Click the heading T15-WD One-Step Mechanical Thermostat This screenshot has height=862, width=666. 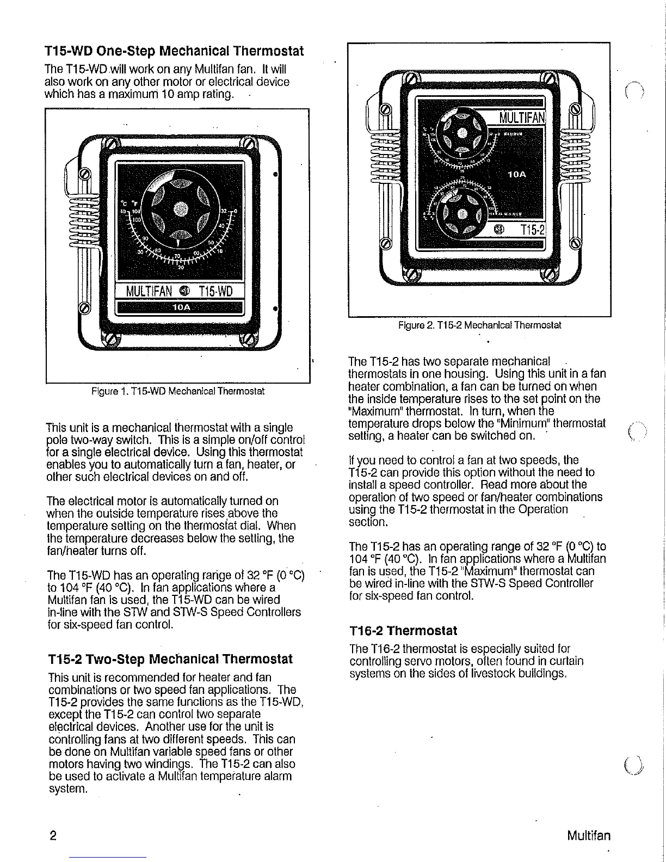[x=174, y=52]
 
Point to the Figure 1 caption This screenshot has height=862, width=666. [x=178, y=391]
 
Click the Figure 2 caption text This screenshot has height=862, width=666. [x=479, y=325]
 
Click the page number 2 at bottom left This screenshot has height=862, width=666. [x=52, y=835]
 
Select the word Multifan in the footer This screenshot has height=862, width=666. [x=588, y=835]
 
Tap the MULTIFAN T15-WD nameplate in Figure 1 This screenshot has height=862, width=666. [x=179, y=292]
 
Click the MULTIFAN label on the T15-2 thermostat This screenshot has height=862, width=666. [x=521, y=117]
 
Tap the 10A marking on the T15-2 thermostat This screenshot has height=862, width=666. [x=516, y=175]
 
